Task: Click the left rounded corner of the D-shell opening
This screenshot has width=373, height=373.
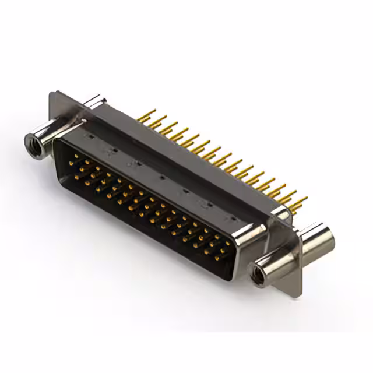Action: (x=58, y=146)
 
